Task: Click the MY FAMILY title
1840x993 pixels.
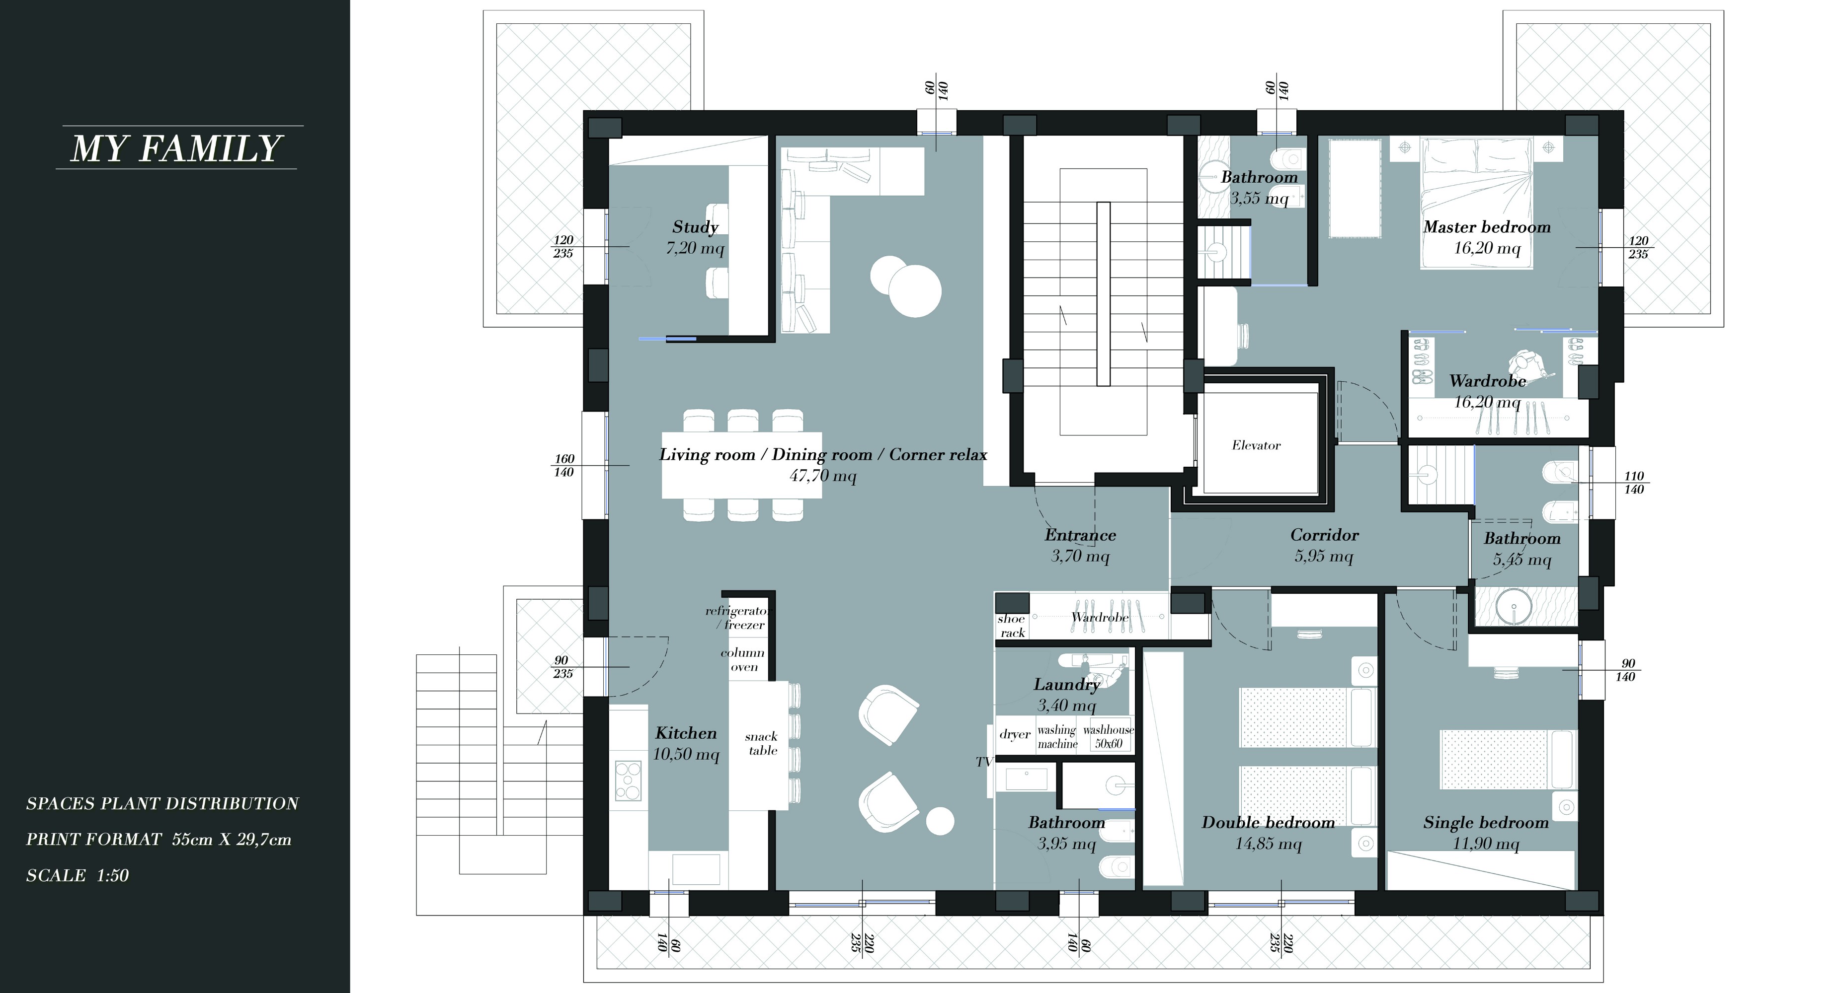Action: click(176, 148)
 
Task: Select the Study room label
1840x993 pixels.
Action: click(695, 227)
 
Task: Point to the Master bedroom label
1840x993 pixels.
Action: click(1487, 227)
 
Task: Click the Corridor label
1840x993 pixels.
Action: click(1324, 535)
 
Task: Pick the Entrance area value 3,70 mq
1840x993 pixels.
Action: click(1080, 556)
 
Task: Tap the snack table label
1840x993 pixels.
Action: click(761, 743)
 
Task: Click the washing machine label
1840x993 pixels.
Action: click(1057, 737)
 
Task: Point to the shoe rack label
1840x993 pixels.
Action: click(1012, 626)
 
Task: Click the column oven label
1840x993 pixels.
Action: click(743, 660)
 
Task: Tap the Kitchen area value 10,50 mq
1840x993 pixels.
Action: click(686, 755)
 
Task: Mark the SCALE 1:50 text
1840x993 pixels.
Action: click(77, 875)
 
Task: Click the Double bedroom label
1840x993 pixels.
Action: click(1268, 822)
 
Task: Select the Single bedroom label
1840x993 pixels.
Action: click(1486, 822)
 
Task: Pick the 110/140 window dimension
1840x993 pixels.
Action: click(1634, 483)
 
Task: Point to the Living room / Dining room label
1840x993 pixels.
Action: click(766, 455)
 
